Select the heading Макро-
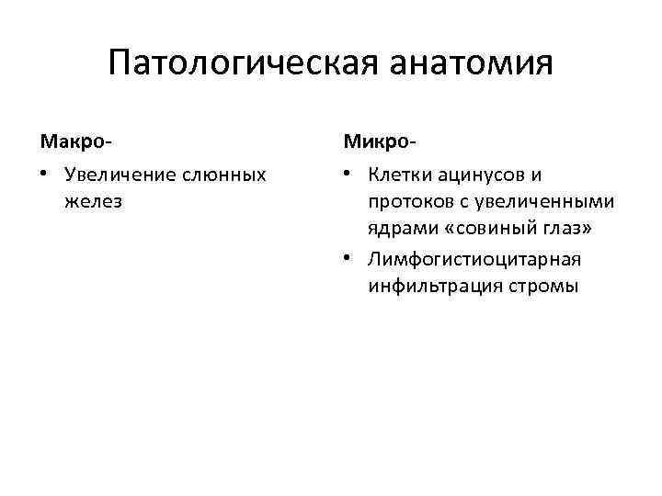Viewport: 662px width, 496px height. click(76, 142)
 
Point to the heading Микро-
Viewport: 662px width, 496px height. click(380, 142)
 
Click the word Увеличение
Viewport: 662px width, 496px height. click(120, 174)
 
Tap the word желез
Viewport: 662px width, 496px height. click(94, 201)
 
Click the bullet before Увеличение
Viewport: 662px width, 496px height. click(46, 175)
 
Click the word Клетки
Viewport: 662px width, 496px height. click(401, 174)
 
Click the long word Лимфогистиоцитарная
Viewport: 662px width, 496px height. click(474, 259)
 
